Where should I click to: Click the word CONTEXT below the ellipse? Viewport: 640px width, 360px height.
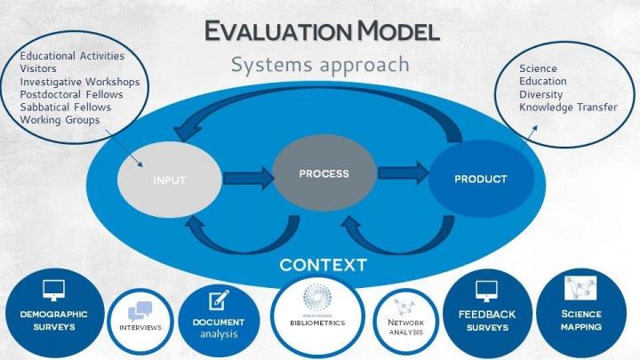click(323, 264)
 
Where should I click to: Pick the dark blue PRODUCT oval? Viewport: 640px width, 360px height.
click(480, 179)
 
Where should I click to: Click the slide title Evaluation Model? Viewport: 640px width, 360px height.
click(322, 32)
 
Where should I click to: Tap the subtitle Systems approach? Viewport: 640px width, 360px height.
click(319, 65)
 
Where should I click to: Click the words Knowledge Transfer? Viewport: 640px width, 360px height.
click(561, 108)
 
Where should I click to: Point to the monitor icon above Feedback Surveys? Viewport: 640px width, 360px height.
click(486, 291)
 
